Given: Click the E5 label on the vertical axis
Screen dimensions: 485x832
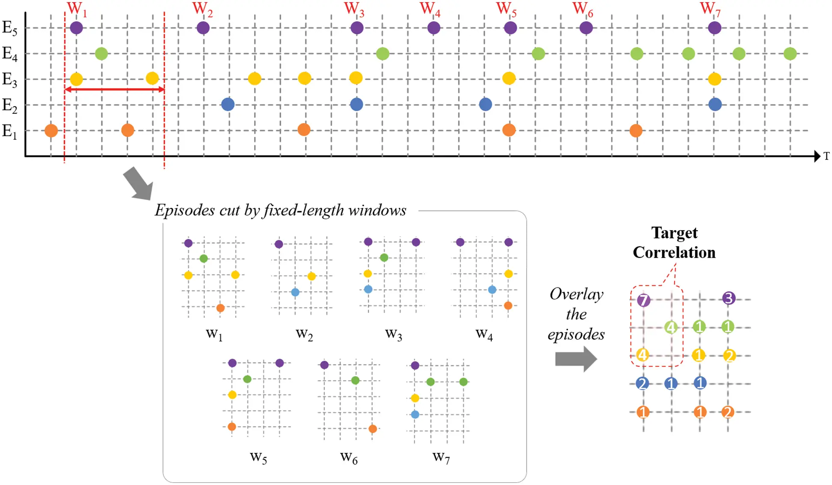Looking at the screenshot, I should point(9,28).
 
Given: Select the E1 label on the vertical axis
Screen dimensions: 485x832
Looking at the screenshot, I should point(9,131).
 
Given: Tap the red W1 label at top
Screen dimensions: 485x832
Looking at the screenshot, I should point(77,9).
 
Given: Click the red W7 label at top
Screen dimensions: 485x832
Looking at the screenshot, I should point(710,9).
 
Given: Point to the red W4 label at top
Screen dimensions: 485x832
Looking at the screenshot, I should point(429,9).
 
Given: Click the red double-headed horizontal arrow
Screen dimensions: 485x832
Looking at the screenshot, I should point(114,90).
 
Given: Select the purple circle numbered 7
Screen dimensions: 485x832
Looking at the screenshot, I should point(643,300).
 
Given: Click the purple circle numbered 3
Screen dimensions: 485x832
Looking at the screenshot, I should point(728,298).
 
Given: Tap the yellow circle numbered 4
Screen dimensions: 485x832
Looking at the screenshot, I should point(642,355).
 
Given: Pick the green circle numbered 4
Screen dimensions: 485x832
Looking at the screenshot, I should point(671,328).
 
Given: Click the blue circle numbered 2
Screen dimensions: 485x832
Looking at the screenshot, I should point(642,383).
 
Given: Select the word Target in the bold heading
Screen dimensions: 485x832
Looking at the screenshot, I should point(674,233).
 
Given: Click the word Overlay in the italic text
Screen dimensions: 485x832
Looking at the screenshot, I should point(576,294).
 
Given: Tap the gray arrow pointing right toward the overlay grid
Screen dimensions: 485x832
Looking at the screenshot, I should point(575,359).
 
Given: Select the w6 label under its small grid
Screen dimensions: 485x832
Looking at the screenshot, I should point(349,458).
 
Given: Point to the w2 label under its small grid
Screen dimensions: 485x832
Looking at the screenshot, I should point(304,334).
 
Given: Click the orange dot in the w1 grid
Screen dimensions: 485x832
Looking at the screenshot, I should point(220,308).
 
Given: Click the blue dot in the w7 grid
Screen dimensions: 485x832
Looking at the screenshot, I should point(415,414).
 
